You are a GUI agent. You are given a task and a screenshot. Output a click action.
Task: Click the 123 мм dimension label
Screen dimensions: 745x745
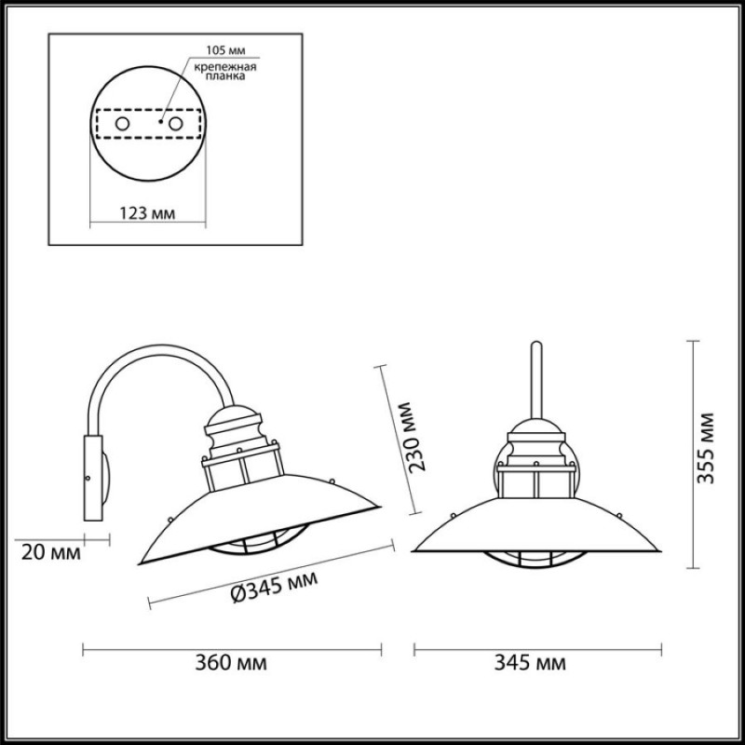147,213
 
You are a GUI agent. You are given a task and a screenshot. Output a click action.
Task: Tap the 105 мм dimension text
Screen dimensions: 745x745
225,50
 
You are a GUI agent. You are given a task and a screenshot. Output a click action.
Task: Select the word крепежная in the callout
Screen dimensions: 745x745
225,66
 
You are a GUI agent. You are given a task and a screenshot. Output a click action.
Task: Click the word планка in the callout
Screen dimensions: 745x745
225,76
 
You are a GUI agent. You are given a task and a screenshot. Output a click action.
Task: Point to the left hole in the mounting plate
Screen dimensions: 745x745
122,124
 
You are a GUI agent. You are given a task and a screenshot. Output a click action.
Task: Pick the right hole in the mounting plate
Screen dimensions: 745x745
176,124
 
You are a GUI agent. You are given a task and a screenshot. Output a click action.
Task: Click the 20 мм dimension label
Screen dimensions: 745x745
51,552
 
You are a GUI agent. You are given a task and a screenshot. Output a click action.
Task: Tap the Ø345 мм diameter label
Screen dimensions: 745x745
274,587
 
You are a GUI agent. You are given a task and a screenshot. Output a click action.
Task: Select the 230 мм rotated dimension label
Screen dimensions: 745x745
412,437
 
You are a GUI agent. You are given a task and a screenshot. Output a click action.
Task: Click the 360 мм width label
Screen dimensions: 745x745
231,662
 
